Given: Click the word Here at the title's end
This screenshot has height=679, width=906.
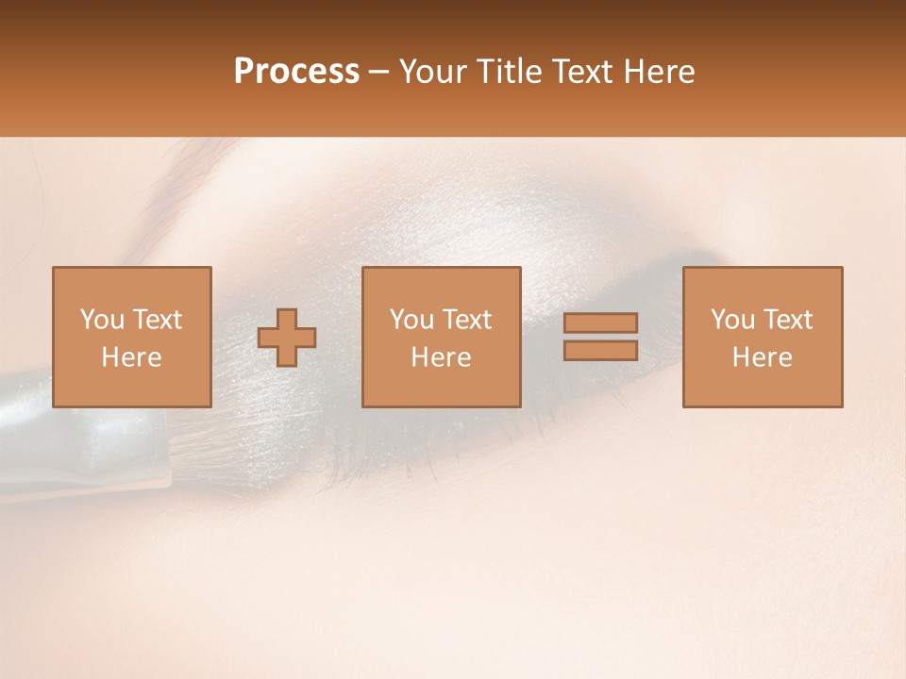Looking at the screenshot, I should click(659, 72).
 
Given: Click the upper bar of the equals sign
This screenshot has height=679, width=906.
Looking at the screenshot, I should click(600, 323).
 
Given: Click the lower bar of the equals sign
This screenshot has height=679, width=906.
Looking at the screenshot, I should click(600, 351).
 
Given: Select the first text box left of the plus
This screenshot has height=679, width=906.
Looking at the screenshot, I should click(132, 338).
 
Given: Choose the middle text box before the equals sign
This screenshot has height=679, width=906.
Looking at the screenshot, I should click(441, 338).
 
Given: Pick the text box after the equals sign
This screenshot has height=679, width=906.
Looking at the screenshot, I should click(763, 338).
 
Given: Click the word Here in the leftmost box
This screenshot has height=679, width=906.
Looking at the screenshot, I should click(132, 357).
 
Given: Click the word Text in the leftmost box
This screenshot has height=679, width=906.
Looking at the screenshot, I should click(158, 320).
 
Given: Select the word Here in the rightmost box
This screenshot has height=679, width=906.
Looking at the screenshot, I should click(763, 357).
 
